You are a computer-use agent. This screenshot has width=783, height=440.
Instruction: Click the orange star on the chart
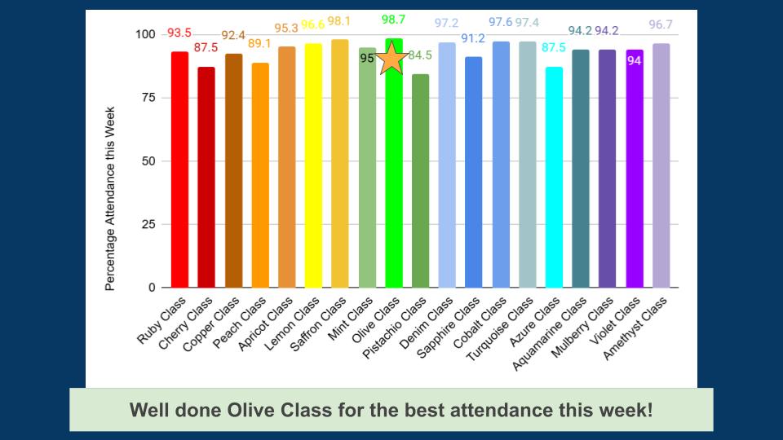(x=391, y=58)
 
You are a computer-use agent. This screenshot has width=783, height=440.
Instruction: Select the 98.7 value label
(x=394, y=19)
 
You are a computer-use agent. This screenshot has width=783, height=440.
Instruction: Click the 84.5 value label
(x=420, y=55)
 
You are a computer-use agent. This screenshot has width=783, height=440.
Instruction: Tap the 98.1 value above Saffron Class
(x=339, y=21)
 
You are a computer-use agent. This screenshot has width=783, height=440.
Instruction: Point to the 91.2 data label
(x=473, y=38)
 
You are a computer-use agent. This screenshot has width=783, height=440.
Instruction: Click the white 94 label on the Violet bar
(x=634, y=60)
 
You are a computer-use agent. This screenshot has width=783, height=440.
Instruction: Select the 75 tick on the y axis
(x=148, y=98)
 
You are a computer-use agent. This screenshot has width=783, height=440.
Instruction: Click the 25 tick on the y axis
(x=148, y=224)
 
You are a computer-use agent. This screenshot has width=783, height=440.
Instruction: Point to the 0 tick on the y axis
(x=152, y=288)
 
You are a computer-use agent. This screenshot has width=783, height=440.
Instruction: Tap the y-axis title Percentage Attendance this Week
(x=110, y=199)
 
